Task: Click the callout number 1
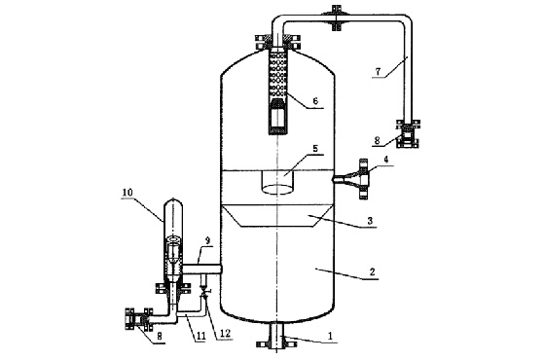[x=330, y=336]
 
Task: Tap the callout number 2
[x=372, y=272]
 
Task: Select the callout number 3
[x=370, y=221]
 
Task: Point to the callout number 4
[x=386, y=160]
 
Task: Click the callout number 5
[x=315, y=148]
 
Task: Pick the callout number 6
[x=315, y=101]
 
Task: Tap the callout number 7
[x=379, y=72]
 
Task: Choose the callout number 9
[x=207, y=240]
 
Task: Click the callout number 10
[x=127, y=193]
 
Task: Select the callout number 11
[x=200, y=336]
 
